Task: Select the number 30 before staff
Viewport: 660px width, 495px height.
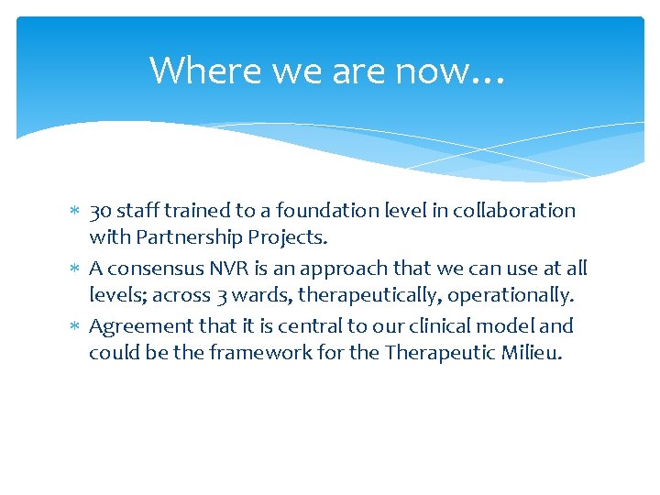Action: [x=100, y=211]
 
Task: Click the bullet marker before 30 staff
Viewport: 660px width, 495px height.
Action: [x=76, y=212]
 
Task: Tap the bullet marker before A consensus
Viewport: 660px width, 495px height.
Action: [x=76, y=269]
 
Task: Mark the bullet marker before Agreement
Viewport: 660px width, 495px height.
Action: [x=76, y=327]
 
